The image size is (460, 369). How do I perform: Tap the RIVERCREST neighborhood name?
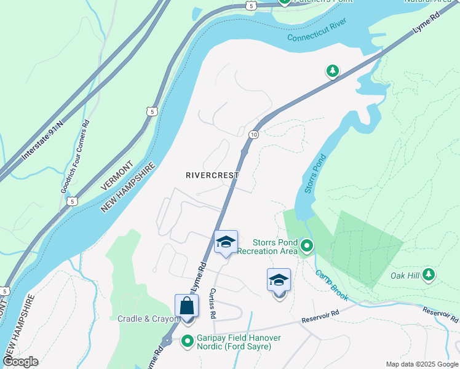pos(212,175)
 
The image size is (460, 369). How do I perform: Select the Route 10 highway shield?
pos(253,134)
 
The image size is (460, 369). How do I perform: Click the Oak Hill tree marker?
pos(429,274)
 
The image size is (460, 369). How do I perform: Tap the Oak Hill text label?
pos(405,276)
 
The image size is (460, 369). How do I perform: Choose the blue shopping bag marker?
pos(186,306)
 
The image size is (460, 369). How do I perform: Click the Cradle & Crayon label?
pos(148,319)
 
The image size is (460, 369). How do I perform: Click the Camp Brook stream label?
pos(332,285)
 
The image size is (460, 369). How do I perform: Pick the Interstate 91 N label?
pos(43,141)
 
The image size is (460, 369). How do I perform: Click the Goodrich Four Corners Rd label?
pos(74,156)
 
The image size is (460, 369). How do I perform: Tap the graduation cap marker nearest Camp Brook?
pos(279,280)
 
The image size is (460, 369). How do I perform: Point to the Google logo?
pos(21,362)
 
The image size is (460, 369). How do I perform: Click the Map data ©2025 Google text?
pos(422,364)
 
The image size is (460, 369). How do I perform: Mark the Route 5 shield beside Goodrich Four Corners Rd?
pos(73,201)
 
